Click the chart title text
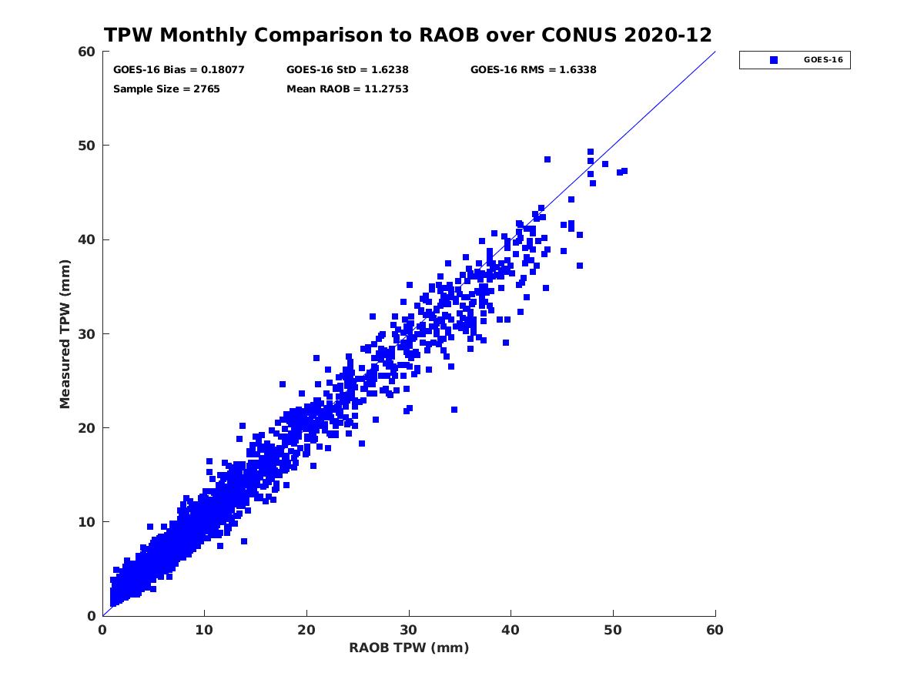pos(408,35)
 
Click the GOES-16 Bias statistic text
pos(179,70)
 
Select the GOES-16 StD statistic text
pos(347,70)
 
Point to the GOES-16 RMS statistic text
pos(533,70)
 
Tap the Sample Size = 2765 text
pos(166,89)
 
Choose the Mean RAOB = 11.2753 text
pos(347,89)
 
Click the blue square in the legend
pos(774,60)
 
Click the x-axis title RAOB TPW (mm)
pos(409,648)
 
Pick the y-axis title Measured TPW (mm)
pos(65,333)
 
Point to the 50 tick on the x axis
pos(613,631)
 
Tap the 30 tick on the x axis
pos(409,631)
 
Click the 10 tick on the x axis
pos(204,631)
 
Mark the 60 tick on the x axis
pos(715,631)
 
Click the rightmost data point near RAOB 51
pos(624,171)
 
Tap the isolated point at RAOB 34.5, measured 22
pos(454,410)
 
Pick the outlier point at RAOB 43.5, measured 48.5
pos(547,159)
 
